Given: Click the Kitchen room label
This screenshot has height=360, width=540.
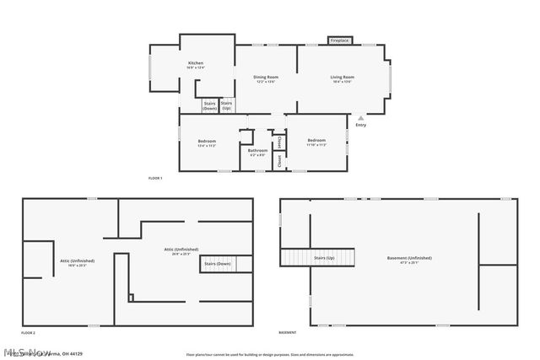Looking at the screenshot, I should click(196, 64).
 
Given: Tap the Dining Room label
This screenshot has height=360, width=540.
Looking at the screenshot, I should click(266, 78).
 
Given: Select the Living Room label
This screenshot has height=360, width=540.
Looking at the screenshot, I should click(342, 78).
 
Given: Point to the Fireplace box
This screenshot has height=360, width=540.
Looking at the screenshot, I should click(339, 40).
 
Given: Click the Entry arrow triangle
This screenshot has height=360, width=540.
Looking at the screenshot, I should click(361, 117).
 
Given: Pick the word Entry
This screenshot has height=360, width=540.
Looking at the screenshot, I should click(361, 126).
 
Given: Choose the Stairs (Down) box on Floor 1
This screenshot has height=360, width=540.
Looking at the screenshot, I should click(209, 105).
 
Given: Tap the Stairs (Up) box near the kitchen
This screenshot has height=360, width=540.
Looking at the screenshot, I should click(226, 105).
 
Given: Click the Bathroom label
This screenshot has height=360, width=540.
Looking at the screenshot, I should click(257, 152).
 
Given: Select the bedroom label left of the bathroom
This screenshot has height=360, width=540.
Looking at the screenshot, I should click(207, 142).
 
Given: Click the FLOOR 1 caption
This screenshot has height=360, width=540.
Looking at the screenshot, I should click(154, 179).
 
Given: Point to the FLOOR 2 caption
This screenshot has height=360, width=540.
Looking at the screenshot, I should click(28, 333).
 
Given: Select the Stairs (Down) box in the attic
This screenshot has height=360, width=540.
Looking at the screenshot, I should click(217, 264).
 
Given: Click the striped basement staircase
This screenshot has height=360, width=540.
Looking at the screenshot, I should click(295, 257).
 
